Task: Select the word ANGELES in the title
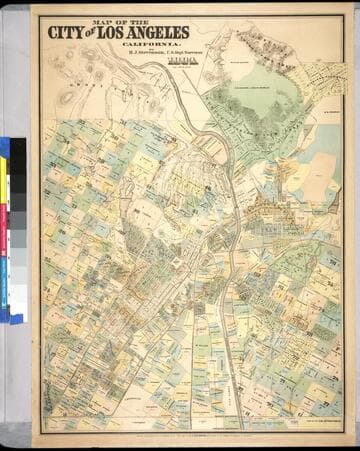[159, 32]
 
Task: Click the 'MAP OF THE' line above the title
[119, 19]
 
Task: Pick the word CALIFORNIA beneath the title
[147, 45]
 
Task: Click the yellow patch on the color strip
[4, 190]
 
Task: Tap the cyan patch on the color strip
[4, 290]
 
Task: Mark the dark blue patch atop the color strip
[4, 147]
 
